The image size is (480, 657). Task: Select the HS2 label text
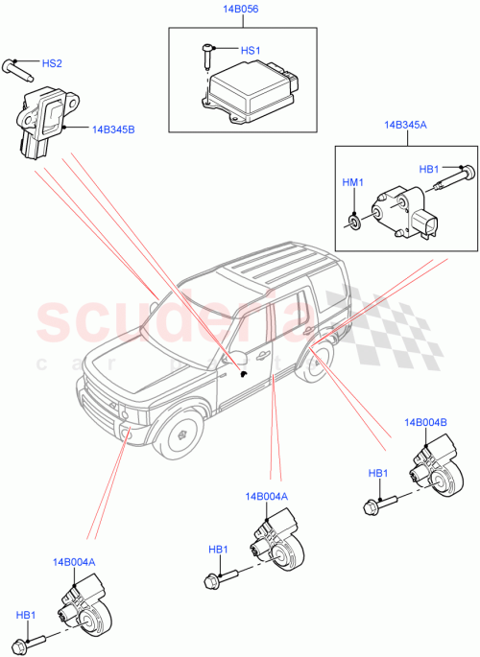click(52, 64)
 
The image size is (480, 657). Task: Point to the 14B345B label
click(113, 128)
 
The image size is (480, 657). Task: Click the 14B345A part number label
click(404, 125)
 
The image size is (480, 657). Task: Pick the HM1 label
click(353, 181)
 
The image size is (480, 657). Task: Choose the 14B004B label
click(425, 422)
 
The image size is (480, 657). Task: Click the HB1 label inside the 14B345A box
click(430, 169)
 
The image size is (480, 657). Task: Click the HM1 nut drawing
click(356, 223)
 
